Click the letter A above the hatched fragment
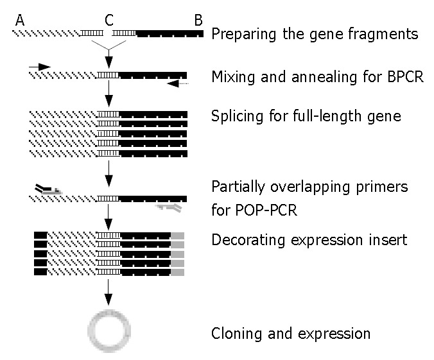tap(20, 20)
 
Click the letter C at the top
tap(108, 20)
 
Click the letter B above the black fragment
tap(198, 20)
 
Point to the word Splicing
tap(234, 117)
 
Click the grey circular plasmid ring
tap(109, 332)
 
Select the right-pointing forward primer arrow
tap(39, 66)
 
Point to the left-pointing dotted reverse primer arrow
tap(177, 83)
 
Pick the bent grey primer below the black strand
tap(169, 207)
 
